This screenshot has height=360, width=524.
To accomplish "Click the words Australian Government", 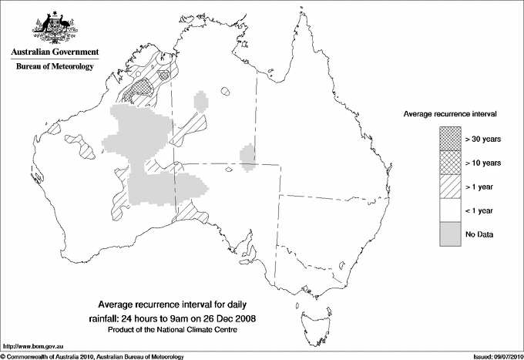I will coord(55,52).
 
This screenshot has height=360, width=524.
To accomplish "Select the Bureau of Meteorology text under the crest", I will coord(55,66).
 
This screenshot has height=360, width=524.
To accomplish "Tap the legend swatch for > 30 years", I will coord(449,139).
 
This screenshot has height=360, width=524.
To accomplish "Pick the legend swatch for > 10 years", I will coord(449,163).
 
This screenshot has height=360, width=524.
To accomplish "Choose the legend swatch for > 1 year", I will coord(449,187).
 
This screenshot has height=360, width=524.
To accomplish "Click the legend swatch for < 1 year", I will coord(449,210).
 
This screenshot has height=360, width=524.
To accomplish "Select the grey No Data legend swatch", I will coord(449,234).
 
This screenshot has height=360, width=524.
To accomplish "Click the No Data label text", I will coord(479,234).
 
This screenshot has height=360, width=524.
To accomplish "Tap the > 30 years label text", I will coord(483,139).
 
